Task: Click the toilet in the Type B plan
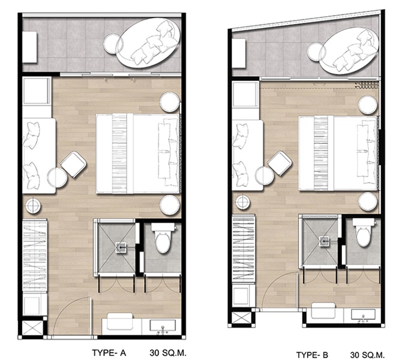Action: tap(364, 232)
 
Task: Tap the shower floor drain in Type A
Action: tap(121, 247)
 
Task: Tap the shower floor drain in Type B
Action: tap(324, 241)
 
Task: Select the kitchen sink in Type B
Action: tap(363, 314)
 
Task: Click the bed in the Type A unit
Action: tap(138, 154)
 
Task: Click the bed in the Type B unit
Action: tap(338, 154)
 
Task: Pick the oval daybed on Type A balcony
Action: tap(148, 43)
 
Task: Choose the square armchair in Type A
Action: tap(73, 164)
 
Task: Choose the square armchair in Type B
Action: tap(279, 164)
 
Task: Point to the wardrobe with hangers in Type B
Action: tap(243, 248)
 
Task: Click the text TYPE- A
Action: tap(109, 353)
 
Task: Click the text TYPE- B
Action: tap(312, 355)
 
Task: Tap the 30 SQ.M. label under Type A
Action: tap(168, 353)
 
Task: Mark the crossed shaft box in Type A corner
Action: tap(32, 328)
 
